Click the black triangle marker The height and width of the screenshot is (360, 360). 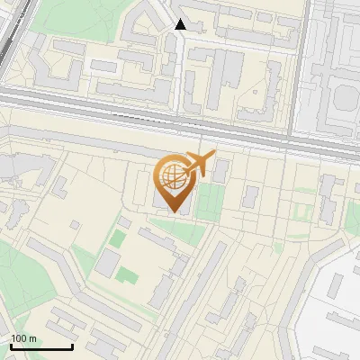click(x=181, y=24)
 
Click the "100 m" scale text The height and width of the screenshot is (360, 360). click(x=23, y=338)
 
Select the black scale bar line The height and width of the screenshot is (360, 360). click(x=41, y=346)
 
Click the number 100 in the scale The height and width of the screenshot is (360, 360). click(x=19, y=338)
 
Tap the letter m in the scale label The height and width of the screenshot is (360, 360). click(x=32, y=338)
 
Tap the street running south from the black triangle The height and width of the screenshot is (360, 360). click(x=181, y=72)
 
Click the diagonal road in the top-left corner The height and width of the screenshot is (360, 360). click(x=11, y=36)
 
